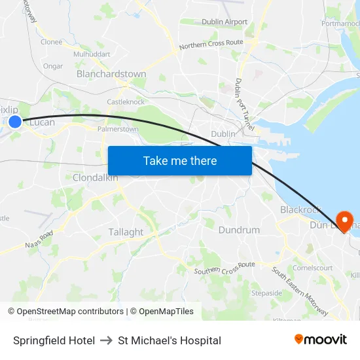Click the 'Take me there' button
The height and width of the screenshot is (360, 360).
(180, 160)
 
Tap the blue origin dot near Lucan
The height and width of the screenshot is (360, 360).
(15, 121)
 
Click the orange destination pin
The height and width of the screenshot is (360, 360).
(343, 219)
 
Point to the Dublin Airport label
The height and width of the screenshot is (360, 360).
(225, 22)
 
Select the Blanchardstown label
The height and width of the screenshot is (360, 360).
(111, 74)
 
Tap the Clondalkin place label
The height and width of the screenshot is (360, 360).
(96, 177)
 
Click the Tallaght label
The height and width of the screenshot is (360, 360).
(126, 232)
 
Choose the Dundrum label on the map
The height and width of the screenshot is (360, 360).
(239, 230)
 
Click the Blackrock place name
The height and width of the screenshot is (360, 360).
(300, 209)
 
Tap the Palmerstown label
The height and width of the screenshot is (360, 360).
(118, 129)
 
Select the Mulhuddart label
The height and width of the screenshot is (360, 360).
(92, 54)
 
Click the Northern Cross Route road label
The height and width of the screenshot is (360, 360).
(211, 44)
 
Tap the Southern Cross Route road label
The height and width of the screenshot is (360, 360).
(225, 267)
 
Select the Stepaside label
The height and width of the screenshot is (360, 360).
(266, 293)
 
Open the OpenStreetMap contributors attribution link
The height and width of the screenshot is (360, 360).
(65, 312)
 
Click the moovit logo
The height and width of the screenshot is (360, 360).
(321, 340)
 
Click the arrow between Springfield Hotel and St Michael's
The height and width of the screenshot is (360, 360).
(106, 340)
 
